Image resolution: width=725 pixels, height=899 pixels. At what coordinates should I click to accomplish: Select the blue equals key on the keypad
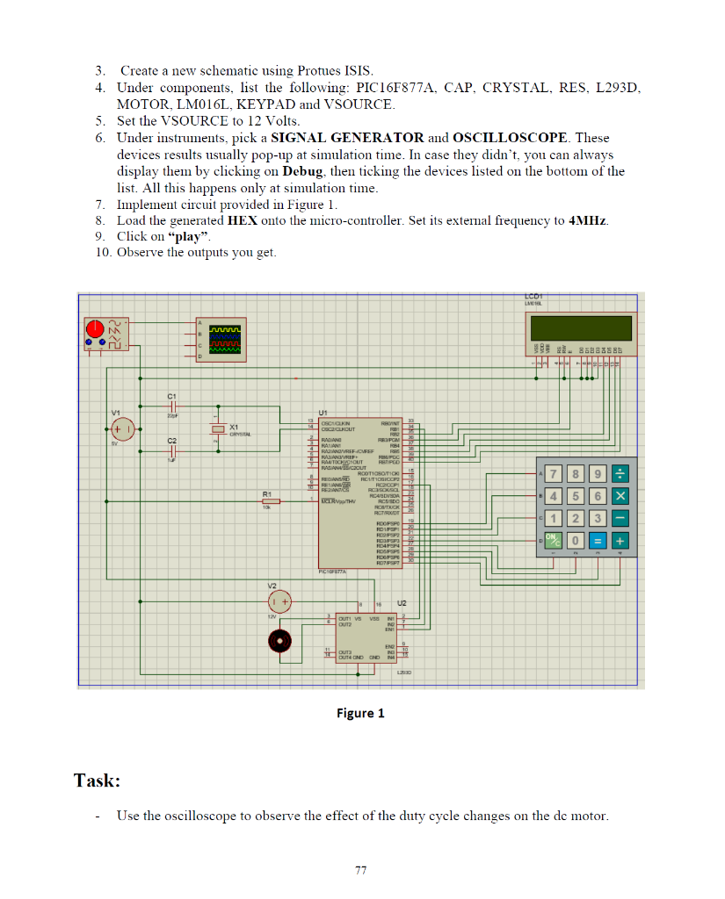tap(597, 541)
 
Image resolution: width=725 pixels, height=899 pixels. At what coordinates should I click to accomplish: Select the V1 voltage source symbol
tap(121, 429)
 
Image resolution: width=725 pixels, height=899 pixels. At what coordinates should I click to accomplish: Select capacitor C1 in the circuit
tap(173, 409)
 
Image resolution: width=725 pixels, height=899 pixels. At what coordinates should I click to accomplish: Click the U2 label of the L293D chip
tap(402, 604)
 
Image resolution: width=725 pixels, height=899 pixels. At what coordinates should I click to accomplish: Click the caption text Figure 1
tap(360, 713)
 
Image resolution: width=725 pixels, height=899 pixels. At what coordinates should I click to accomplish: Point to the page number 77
tap(360, 870)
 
